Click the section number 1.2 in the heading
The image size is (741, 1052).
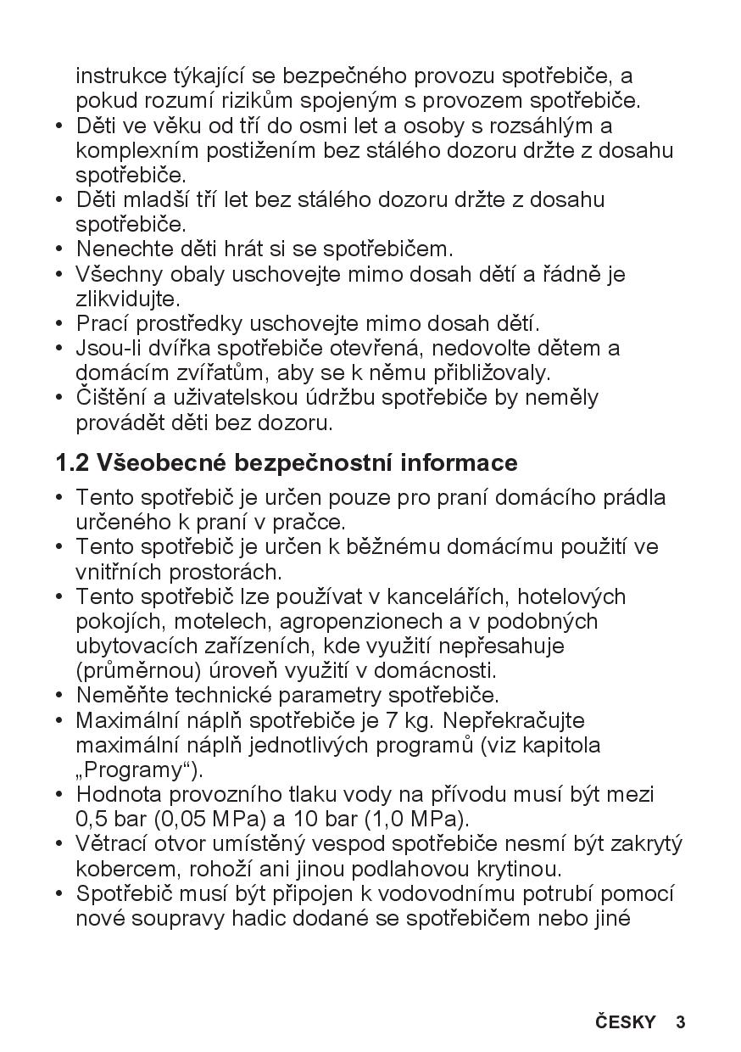click(x=72, y=463)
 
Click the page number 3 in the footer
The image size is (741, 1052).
click(x=680, y=1021)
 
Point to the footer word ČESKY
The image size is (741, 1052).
click(x=625, y=1021)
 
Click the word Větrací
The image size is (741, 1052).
click(x=114, y=844)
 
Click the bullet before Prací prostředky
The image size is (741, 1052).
click(x=59, y=324)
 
